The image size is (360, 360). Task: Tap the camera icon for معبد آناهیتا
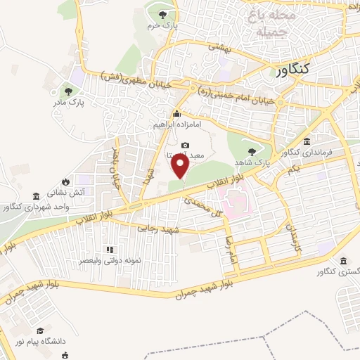pos(186,144)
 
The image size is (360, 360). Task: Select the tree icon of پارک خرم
pos(163,15)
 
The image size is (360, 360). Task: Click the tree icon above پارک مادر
pos(68,91)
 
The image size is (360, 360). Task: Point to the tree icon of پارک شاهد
pos(252,151)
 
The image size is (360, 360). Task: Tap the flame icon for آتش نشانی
pos(65,180)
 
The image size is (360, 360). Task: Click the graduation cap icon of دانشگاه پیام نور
pos(40,330)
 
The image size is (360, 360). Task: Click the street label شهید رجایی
pos(160,230)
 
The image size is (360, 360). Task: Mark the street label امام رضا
pos(228,250)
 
